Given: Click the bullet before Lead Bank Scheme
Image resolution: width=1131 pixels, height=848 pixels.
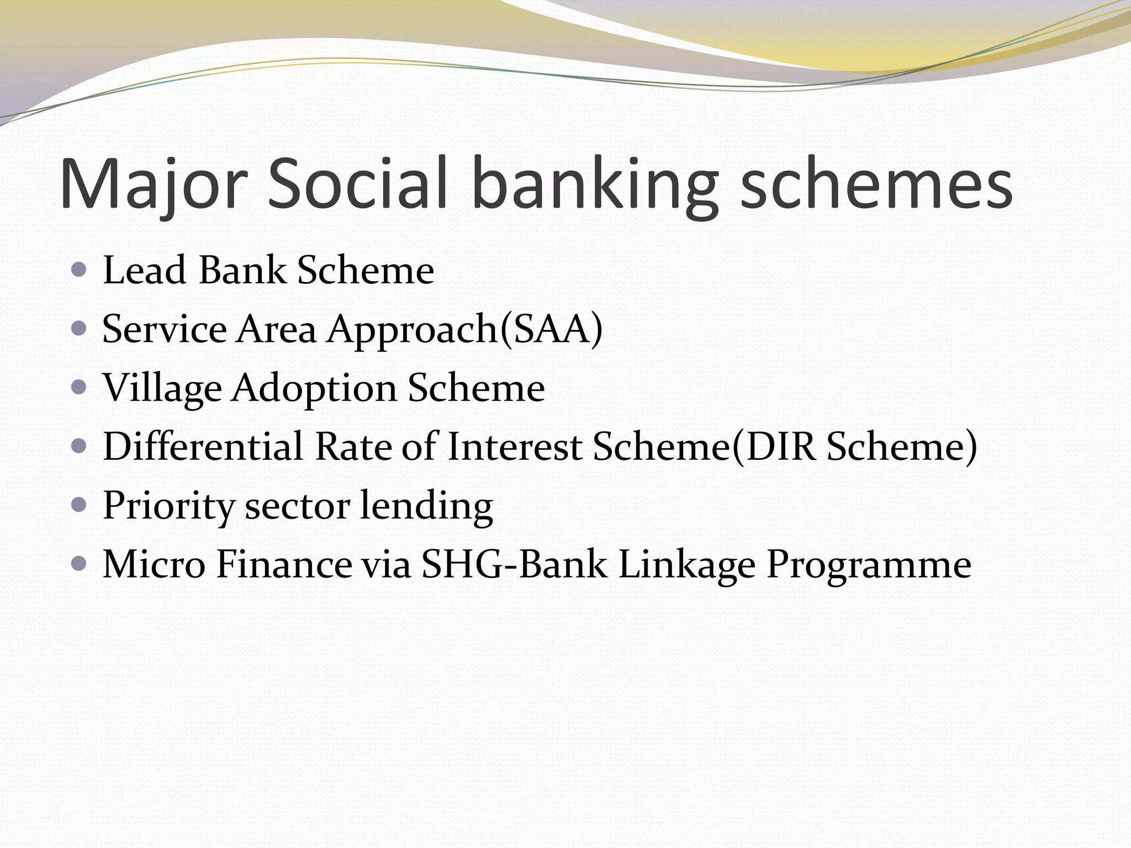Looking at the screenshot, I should pos(80,270).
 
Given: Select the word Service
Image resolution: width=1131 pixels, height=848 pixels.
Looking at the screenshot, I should pos(165,330).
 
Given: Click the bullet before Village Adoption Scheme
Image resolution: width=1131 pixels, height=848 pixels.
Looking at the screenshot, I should pos(80,388).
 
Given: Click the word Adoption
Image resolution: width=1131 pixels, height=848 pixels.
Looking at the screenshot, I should pos(314,389).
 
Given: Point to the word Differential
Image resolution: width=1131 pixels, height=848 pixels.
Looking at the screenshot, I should pos(203,447).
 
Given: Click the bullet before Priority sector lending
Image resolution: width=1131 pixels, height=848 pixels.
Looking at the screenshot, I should pos(80,505).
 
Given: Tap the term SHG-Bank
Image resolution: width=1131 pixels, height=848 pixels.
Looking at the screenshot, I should pos(514,564).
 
